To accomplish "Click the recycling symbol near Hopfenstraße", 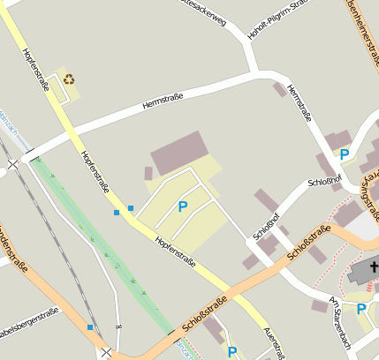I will (69, 79).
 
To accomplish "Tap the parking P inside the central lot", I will (183, 206).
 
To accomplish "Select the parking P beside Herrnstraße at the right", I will (345, 154).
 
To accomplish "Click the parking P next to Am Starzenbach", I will (361, 308).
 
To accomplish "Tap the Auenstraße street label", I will (274, 342).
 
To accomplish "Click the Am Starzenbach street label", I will (340, 325).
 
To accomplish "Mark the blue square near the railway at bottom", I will (89, 327).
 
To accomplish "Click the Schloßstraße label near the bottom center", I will (204, 314).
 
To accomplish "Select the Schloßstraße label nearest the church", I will (309, 242).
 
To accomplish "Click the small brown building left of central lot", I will (148, 174).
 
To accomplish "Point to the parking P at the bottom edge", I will (231, 352).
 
